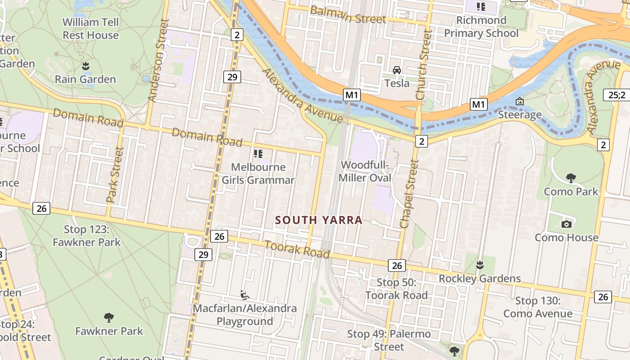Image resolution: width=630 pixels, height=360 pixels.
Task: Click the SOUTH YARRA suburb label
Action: (319, 220)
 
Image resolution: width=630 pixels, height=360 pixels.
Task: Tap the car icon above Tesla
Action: (397, 70)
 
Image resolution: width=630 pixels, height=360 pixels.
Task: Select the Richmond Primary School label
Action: (481, 27)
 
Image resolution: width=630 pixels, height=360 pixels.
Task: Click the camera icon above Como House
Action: (567, 224)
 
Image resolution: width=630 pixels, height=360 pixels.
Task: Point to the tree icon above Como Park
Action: (571, 178)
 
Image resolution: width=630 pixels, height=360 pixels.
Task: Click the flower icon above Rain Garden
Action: (85, 66)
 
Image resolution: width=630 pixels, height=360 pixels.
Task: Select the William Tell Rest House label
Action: (90, 29)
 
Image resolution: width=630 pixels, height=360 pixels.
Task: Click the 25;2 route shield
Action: (616, 95)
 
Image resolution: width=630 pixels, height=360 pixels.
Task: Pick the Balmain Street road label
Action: (348, 14)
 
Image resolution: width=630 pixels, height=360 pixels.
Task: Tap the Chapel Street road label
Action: (409, 193)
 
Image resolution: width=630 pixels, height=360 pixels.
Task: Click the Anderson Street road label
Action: (158, 60)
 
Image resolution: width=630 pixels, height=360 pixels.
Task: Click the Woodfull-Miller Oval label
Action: (364, 171)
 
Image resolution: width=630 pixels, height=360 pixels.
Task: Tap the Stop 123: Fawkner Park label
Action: (87, 236)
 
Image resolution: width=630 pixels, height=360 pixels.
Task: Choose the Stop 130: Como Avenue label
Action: (538, 307)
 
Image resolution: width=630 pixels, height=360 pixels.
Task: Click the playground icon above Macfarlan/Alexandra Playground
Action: (245, 295)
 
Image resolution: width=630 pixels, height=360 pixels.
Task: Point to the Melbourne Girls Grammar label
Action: (258, 174)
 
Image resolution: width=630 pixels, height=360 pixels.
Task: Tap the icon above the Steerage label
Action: (520, 101)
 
